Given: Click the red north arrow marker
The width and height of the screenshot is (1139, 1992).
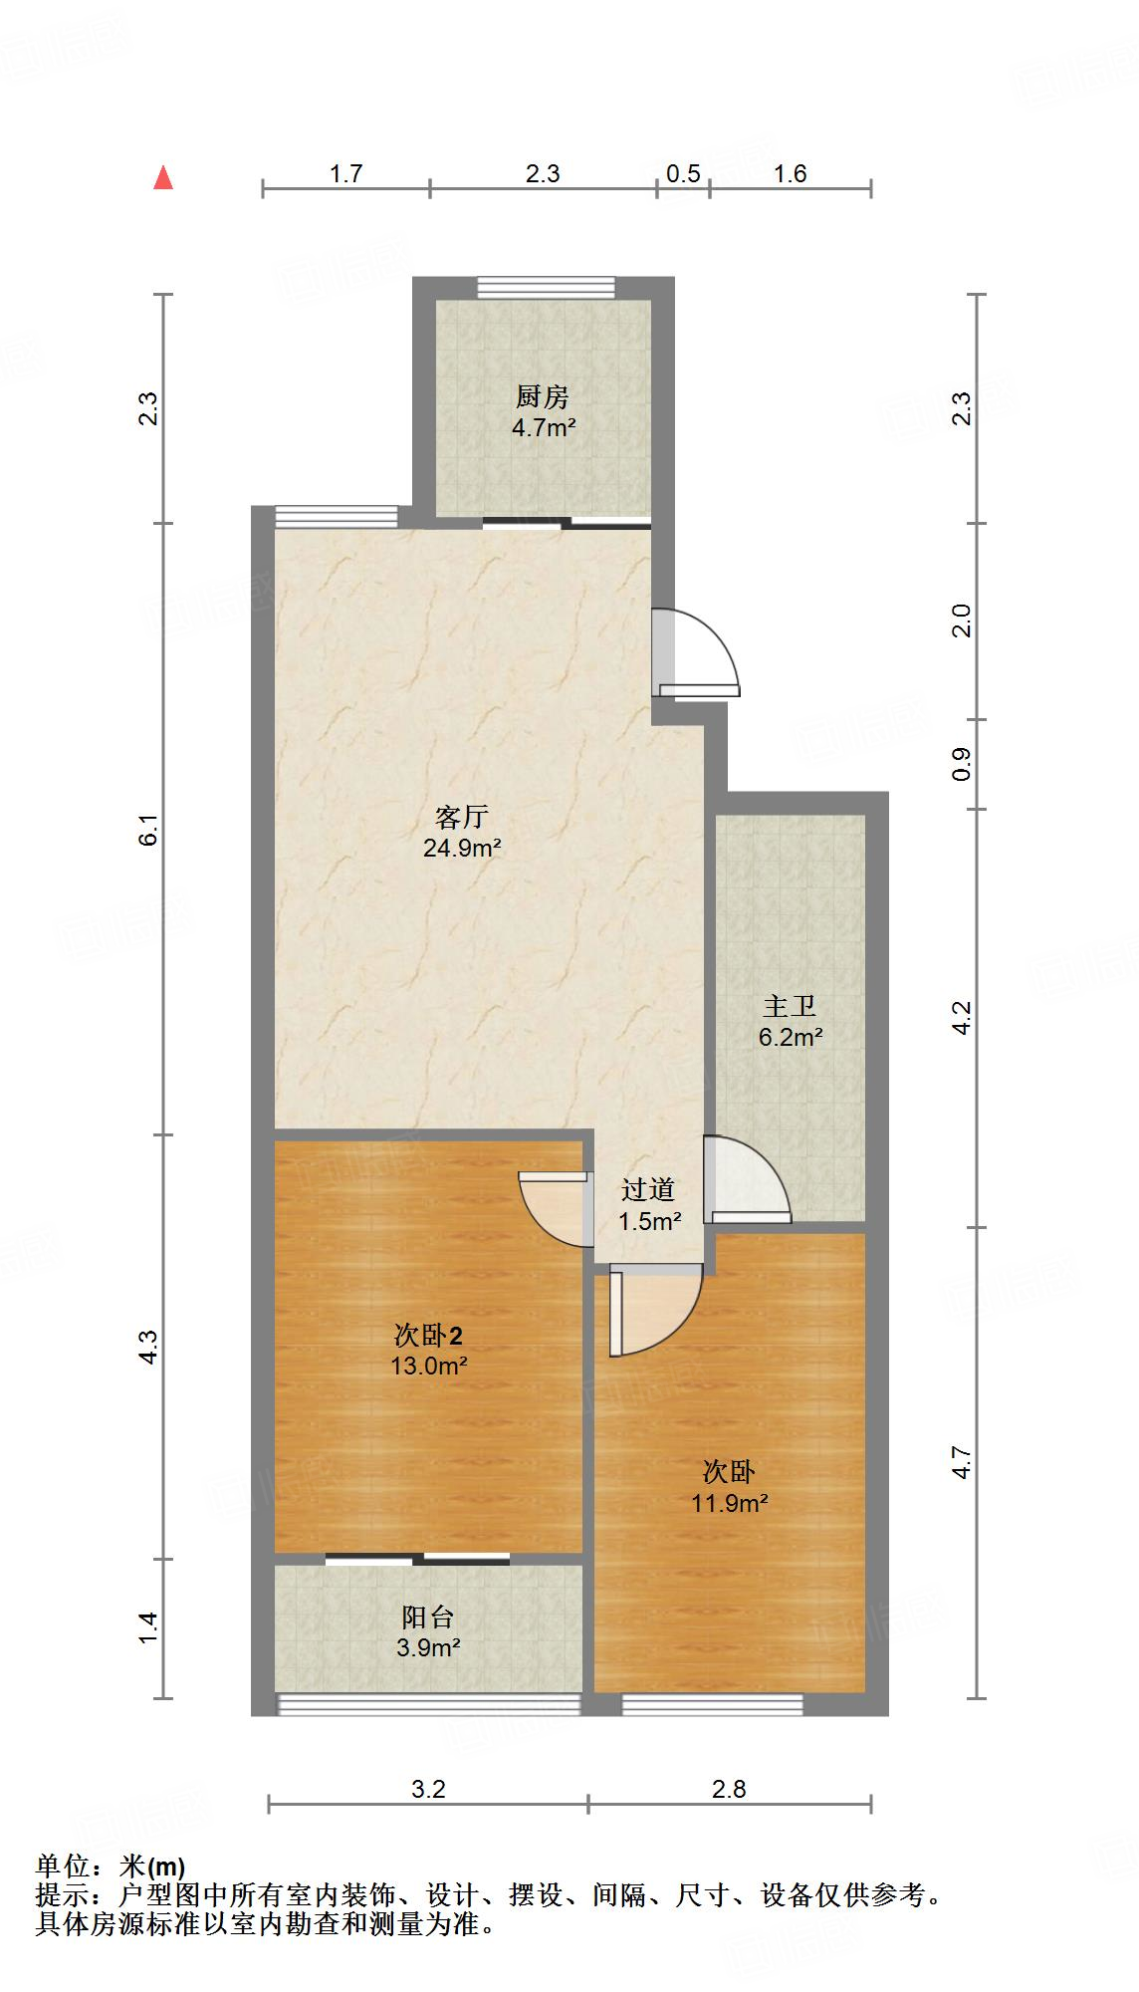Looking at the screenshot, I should pyautogui.click(x=163, y=178).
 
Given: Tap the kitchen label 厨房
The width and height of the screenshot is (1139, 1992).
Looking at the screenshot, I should pyautogui.click(x=543, y=397).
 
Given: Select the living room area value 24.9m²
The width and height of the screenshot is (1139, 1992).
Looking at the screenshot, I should pyautogui.click(x=462, y=849).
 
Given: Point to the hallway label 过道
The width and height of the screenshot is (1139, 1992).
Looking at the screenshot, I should pyautogui.click(x=649, y=1189).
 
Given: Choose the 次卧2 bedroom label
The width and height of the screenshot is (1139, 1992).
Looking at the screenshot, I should pyautogui.click(x=429, y=1335).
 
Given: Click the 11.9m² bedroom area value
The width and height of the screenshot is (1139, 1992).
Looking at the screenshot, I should pyautogui.click(x=730, y=1503).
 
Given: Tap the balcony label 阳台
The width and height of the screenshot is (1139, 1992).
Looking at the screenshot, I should pyautogui.click(x=428, y=1617).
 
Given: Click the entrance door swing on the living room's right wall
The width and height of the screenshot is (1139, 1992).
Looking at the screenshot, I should pyautogui.click(x=697, y=652).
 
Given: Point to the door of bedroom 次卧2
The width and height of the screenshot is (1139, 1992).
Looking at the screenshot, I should pyautogui.click(x=553, y=1207).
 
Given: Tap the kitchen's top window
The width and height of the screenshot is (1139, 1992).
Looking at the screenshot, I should pyautogui.click(x=545, y=287).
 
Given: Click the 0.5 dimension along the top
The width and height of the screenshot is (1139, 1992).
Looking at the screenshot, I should pyautogui.click(x=683, y=174).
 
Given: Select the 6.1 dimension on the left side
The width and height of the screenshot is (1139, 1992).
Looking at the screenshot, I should pyautogui.click(x=148, y=830).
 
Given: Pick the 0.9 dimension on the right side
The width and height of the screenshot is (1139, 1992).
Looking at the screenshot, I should pyautogui.click(x=961, y=764).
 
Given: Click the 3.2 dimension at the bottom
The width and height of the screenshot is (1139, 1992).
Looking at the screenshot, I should pyautogui.click(x=428, y=1789).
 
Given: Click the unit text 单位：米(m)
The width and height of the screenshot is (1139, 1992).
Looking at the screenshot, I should pyautogui.click(x=111, y=1866).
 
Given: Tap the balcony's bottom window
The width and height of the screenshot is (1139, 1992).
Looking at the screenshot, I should pyautogui.click(x=428, y=1704).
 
